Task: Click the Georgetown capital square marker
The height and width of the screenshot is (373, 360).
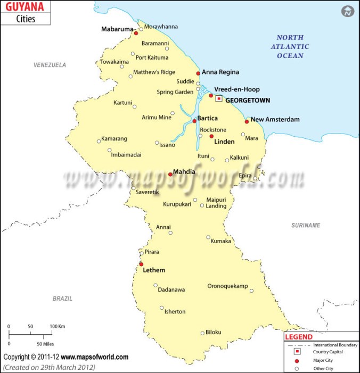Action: [x=219, y=98]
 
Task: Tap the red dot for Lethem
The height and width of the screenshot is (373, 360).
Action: [x=141, y=264]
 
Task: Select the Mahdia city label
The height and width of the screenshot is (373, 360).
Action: [x=184, y=172]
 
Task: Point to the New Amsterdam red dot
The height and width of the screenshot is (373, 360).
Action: [x=247, y=121]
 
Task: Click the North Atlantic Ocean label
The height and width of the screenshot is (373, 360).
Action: [x=290, y=46]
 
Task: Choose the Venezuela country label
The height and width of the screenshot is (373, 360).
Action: [x=50, y=65]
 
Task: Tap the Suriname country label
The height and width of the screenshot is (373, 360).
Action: [x=306, y=226]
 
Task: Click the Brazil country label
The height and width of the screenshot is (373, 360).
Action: [x=62, y=299]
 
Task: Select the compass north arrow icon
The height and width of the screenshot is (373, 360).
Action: [x=348, y=11]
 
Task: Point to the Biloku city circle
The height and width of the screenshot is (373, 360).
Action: [x=202, y=334]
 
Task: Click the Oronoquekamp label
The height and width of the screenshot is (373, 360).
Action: [x=227, y=286]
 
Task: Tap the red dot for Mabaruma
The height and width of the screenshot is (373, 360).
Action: [x=136, y=33]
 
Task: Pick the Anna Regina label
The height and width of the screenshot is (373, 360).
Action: [x=220, y=72]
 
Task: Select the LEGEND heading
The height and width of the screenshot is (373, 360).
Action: [x=299, y=337]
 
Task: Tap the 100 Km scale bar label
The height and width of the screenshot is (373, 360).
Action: [x=58, y=326]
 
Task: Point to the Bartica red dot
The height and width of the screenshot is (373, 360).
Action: [x=194, y=121]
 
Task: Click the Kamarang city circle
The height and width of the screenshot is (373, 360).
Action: [x=99, y=141]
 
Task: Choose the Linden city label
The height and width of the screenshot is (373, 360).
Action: [x=224, y=142]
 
